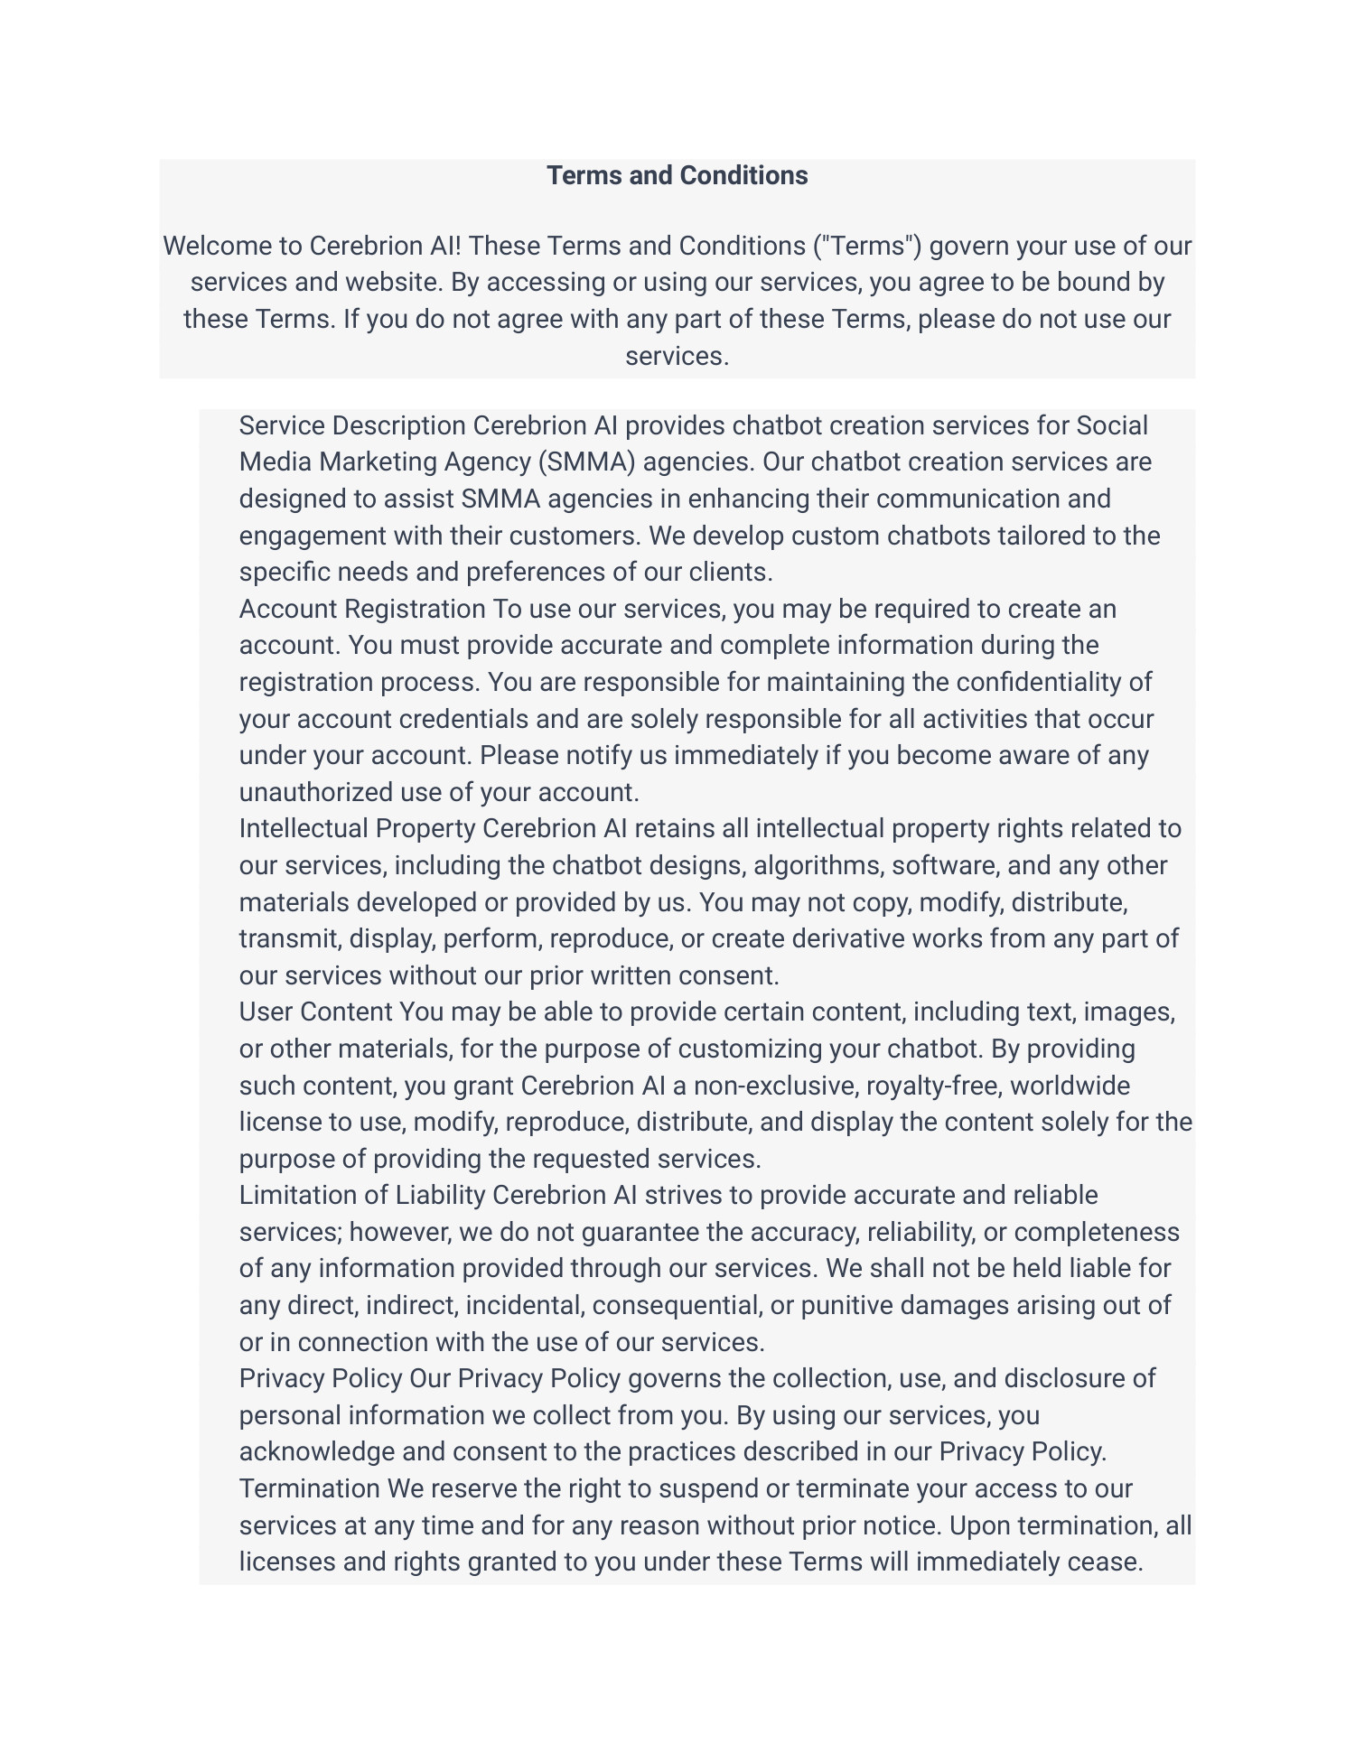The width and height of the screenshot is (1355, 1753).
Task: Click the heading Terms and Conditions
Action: (x=677, y=175)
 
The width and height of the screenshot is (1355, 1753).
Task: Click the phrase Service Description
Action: (x=352, y=425)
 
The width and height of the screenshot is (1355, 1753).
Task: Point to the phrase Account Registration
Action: (x=362, y=609)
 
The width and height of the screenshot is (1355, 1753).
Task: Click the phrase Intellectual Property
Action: (x=357, y=828)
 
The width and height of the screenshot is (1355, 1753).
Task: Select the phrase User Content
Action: (x=315, y=1012)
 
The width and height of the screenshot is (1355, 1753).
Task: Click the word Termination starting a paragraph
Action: (x=309, y=1488)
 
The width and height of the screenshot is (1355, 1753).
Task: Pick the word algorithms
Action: (x=818, y=865)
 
